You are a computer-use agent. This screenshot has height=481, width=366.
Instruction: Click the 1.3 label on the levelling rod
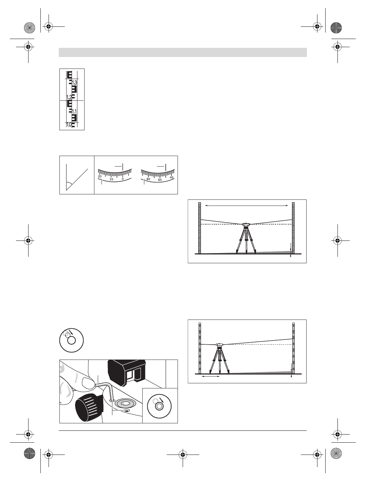click(x=75, y=83)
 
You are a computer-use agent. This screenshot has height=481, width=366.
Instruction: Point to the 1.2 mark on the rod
click(x=69, y=97)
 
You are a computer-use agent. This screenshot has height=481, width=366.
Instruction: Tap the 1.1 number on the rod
click(x=75, y=112)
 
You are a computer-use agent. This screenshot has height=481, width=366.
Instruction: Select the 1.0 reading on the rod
click(x=69, y=125)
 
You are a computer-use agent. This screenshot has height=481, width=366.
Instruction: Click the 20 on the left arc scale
click(x=100, y=176)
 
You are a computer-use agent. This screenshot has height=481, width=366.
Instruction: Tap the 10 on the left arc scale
click(x=111, y=179)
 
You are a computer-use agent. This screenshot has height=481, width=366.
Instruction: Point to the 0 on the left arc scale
click(x=123, y=179)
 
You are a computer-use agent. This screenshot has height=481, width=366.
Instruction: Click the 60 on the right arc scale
click(x=148, y=179)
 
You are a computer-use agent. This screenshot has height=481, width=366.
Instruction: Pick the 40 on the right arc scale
click(x=171, y=177)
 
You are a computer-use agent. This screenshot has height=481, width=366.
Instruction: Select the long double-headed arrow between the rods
click(x=247, y=205)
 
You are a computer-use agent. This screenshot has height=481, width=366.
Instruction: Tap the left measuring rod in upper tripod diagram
click(x=200, y=228)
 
